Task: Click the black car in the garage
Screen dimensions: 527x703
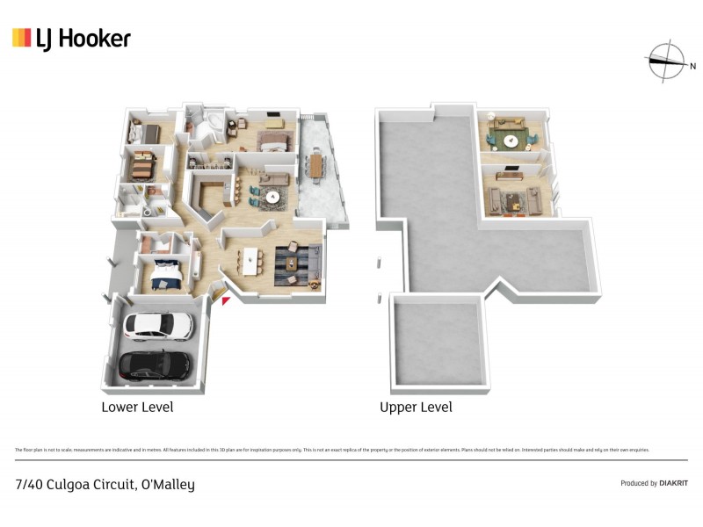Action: point(154,365)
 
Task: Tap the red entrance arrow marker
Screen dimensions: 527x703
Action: point(226,301)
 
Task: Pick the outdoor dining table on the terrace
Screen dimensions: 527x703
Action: point(316,164)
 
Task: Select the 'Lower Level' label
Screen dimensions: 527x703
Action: point(137,407)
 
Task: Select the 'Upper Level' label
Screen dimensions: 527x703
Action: point(416,407)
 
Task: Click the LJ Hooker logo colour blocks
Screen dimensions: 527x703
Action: point(21,38)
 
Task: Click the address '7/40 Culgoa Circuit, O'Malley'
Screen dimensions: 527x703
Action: point(105,484)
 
